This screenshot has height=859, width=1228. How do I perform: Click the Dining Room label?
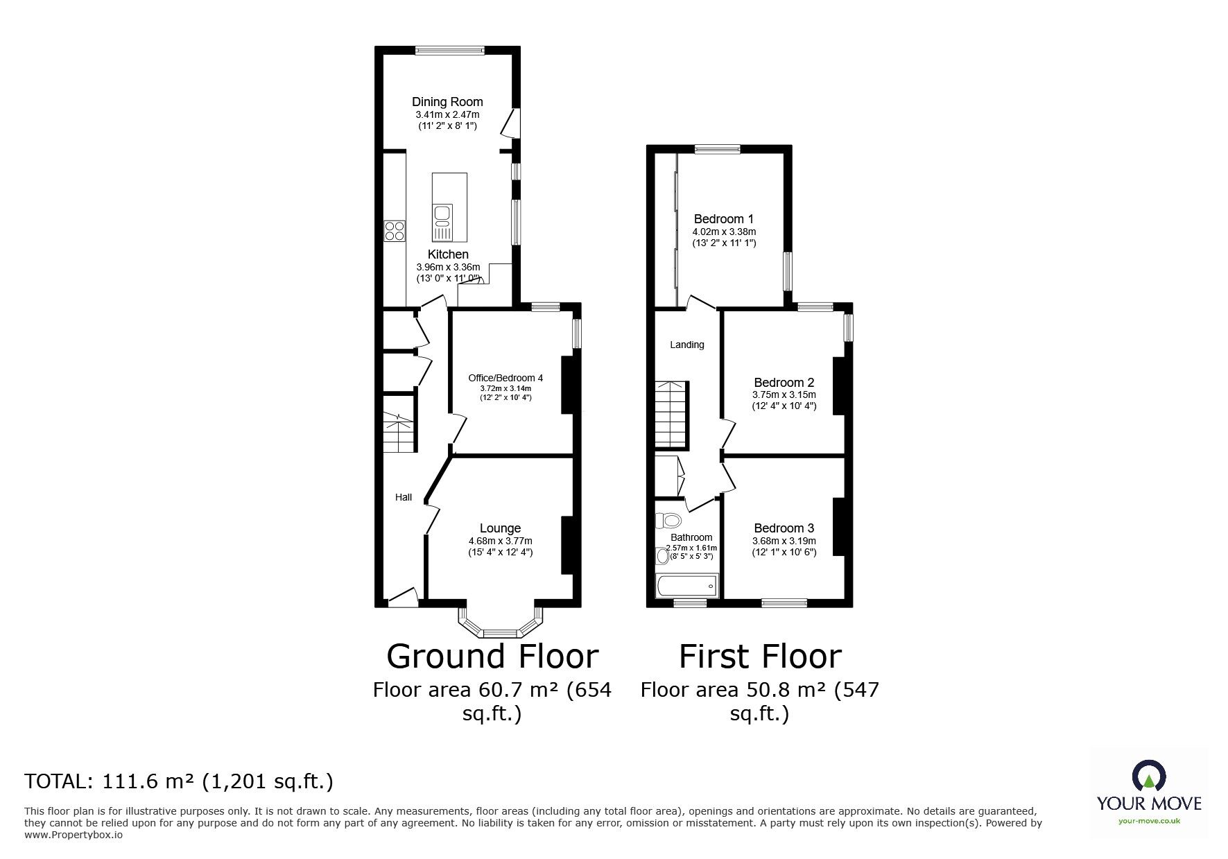pyautogui.click(x=447, y=102)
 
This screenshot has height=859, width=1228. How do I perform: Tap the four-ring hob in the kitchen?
pyautogui.click(x=395, y=230)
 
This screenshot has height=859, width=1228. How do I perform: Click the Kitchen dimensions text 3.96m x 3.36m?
pyautogui.click(x=448, y=267)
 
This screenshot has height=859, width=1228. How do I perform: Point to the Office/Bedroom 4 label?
pyautogui.click(x=505, y=378)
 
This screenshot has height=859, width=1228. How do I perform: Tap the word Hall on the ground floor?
pyautogui.click(x=404, y=497)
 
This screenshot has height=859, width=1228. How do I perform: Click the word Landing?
pyautogui.click(x=686, y=345)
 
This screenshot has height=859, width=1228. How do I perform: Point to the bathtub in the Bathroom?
pyautogui.click(x=686, y=586)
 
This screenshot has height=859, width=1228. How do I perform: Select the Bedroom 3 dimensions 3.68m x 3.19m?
pyautogui.click(x=784, y=541)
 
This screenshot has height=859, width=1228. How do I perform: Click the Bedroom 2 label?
pyautogui.click(x=784, y=383)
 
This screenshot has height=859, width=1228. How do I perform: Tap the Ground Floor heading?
pyautogui.click(x=492, y=657)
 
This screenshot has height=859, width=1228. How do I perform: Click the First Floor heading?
pyautogui.click(x=759, y=657)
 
